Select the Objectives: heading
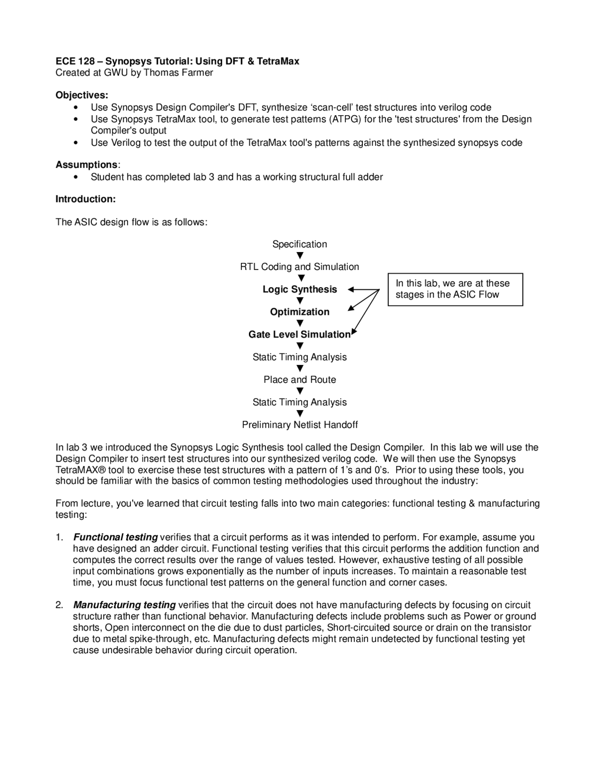(x=82, y=95)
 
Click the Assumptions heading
(x=87, y=165)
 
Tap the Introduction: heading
(x=85, y=199)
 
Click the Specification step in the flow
(x=300, y=244)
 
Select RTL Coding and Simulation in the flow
(x=300, y=267)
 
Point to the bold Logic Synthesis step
(x=300, y=289)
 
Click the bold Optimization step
(x=300, y=312)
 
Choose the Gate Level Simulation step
(x=300, y=335)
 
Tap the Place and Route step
(x=300, y=380)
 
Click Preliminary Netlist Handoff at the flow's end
(x=300, y=425)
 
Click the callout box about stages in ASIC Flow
(x=455, y=289)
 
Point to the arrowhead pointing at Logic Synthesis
(x=351, y=290)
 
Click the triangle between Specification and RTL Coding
(x=300, y=255)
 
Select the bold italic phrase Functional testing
(x=116, y=537)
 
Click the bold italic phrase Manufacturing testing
(x=125, y=605)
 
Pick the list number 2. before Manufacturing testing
(x=59, y=605)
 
